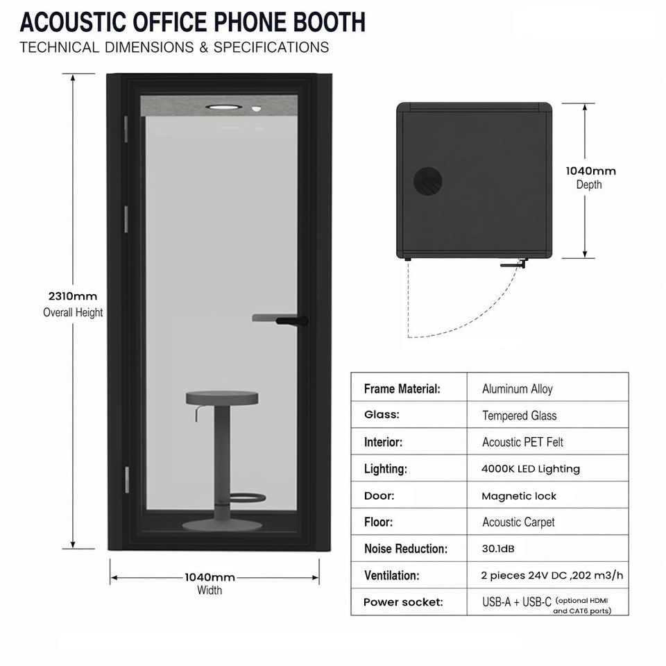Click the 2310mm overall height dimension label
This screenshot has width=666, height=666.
click(x=73, y=304)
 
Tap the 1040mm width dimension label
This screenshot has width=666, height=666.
click(x=210, y=583)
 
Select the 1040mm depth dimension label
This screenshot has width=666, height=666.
click(x=590, y=178)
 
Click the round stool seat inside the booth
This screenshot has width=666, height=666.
click(x=222, y=398)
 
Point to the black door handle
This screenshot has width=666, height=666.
click(x=292, y=321)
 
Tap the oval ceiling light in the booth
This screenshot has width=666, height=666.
click(x=224, y=107)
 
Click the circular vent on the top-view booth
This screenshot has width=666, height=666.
click(x=428, y=181)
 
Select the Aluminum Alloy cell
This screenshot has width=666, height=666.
click(x=518, y=388)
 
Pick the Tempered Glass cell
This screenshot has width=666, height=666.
click(x=519, y=416)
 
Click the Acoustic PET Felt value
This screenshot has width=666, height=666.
click(x=522, y=442)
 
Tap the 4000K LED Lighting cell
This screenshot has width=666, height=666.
click(x=531, y=469)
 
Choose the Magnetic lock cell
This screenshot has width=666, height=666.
click(x=519, y=495)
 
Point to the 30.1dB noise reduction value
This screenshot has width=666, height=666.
click(x=498, y=549)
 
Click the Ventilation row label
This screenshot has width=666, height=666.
click(x=391, y=576)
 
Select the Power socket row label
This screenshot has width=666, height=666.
click(x=403, y=602)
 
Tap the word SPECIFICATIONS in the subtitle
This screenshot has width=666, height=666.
click(x=271, y=47)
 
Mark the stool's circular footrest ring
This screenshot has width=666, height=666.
click(x=248, y=498)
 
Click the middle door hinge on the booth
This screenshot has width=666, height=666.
click(x=126, y=219)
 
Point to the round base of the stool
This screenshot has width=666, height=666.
click(x=222, y=525)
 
